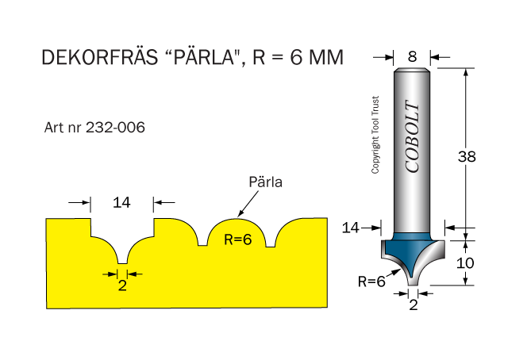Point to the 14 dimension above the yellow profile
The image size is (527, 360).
[x=121, y=203]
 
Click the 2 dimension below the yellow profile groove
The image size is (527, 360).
[x=122, y=286]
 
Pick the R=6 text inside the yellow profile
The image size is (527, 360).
[x=237, y=240]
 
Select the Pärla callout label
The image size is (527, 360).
[x=266, y=182]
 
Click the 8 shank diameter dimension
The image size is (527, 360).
[x=411, y=57]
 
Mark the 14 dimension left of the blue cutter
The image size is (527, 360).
[x=351, y=228]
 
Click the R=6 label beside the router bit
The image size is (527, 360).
[x=371, y=280]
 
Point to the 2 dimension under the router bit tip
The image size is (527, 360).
[x=413, y=304]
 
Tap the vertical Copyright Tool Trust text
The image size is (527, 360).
[x=376, y=135]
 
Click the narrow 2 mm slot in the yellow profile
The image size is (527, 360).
[x=122, y=258]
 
